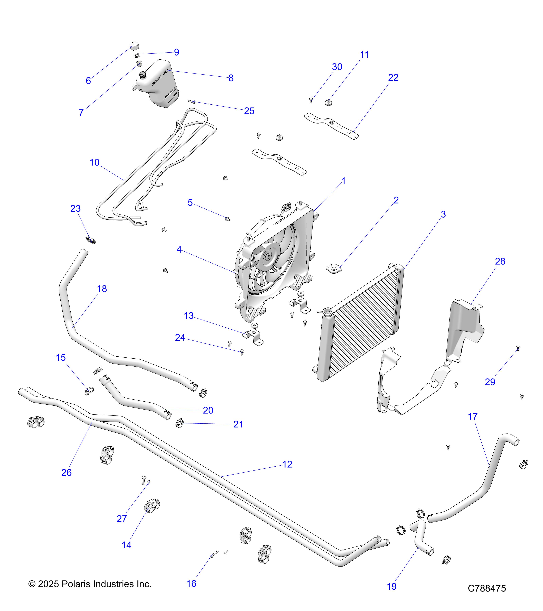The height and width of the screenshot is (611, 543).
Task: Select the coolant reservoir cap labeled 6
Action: (x=135, y=46)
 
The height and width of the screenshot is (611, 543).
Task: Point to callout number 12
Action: (x=287, y=464)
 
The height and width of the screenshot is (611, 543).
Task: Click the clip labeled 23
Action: (x=91, y=240)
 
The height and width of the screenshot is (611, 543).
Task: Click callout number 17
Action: (x=472, y=416)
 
